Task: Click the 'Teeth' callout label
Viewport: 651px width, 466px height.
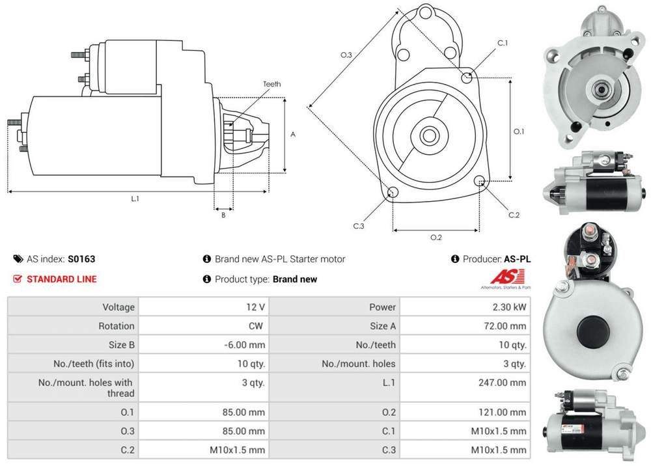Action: tap(271, 84)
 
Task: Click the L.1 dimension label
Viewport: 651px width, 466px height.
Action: tap(135, 199)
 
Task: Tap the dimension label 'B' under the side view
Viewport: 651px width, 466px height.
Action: tap(223, 215)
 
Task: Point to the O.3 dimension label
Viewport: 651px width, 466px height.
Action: tap(346, 55)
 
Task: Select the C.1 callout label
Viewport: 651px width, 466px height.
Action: tap(503, 43)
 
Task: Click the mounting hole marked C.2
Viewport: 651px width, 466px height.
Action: tap(480, 181)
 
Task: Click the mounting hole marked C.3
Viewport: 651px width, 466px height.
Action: tap(393, 192)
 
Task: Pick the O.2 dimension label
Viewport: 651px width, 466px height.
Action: tap(436, 237)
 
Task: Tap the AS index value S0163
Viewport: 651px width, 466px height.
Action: tap(81, 259)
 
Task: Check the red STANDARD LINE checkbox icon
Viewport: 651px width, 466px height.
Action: tap(18, 279)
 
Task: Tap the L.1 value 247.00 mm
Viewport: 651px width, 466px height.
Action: tap(502, 383)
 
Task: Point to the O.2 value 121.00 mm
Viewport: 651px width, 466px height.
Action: tap(502, 412)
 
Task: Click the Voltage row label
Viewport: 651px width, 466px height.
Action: tap(118, 307)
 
